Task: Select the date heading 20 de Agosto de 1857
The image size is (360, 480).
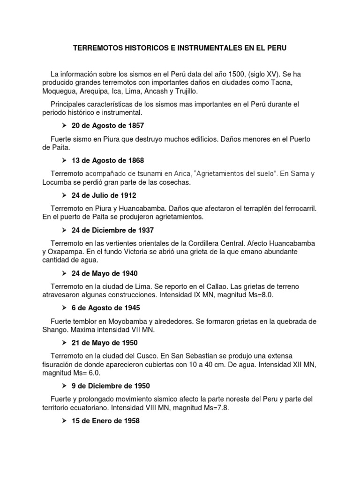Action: (x=107, y=125)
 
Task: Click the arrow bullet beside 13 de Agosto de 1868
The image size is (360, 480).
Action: (x=65, y=160)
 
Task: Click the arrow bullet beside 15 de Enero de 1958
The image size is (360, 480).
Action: (x=65, y=421)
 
